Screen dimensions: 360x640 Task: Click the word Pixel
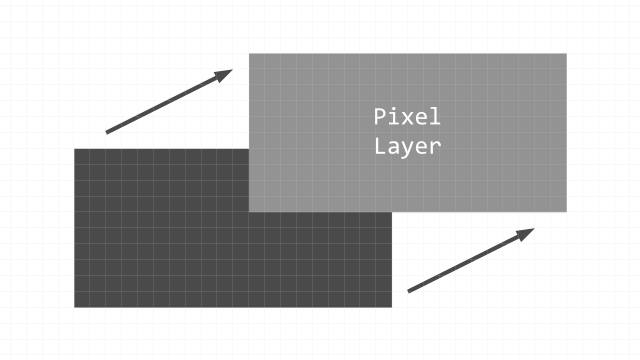pos(407,116)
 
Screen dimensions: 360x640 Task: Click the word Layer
pos(407,146)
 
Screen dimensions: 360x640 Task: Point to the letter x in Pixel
pos(407,118)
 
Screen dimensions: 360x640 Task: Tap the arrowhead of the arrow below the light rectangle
pos(529,231)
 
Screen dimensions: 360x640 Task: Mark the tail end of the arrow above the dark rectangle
pos(107,132)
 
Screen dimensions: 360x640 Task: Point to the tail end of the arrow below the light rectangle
pos(408,291)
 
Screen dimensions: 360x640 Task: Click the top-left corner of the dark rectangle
pos(74,149)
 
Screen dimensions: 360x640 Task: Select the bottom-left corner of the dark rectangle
pos(74,307)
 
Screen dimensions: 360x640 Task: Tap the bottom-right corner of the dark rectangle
pos(392,307)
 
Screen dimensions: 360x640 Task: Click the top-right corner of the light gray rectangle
pos(567,53)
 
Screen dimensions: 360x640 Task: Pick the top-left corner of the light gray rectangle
pos(249,53)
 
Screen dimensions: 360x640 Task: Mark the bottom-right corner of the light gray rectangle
pos(567,212)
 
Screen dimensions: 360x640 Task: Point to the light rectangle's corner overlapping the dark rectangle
pos(249,212)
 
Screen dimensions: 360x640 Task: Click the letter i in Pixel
pos(394,116)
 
